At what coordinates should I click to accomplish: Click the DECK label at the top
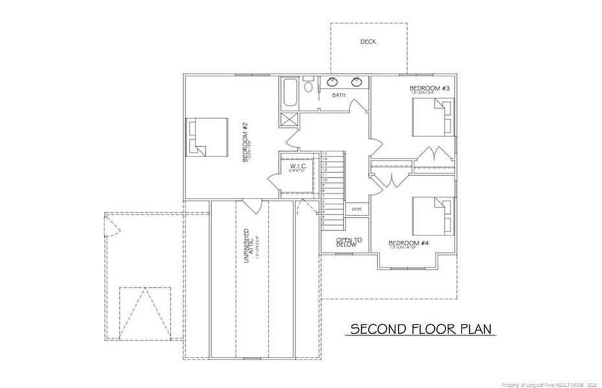tap(368, 42)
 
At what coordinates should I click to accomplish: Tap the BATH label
tap(339, 95)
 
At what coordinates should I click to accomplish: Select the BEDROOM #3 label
tap(429, 89)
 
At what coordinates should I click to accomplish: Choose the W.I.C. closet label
tap(297, 167)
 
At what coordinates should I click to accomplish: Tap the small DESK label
tap(357, 209)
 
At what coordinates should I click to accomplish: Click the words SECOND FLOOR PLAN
tap(423, 329)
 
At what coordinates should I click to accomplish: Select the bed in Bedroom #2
tap(207, 136)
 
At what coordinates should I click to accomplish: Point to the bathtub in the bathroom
tap(289, 93)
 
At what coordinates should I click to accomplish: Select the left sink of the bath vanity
tap(333, 82)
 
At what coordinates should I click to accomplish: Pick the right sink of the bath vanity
tap(356, 82)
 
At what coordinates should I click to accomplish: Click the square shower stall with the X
tap(288, 120)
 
